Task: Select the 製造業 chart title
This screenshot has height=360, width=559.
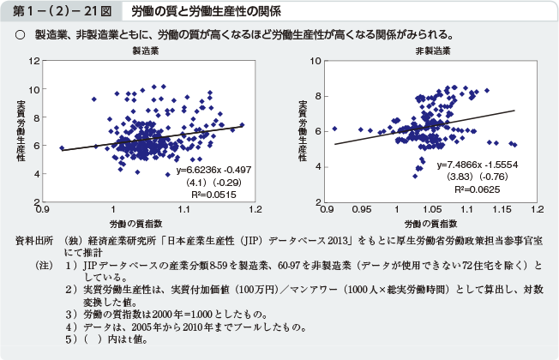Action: (143, 51)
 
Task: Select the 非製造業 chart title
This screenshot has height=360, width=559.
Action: (433, 51)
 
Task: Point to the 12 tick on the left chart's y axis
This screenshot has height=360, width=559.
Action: (33, 62)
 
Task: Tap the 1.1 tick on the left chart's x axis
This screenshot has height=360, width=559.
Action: (183, 208)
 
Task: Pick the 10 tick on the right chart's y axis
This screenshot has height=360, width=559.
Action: (317, 62)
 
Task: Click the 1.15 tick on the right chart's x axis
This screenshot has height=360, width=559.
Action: (502, 208)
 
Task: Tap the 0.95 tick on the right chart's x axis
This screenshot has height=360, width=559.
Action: (362, 208)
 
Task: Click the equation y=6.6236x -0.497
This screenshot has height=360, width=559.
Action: (213, 170)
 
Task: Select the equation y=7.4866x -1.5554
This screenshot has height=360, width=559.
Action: (477, 164)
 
